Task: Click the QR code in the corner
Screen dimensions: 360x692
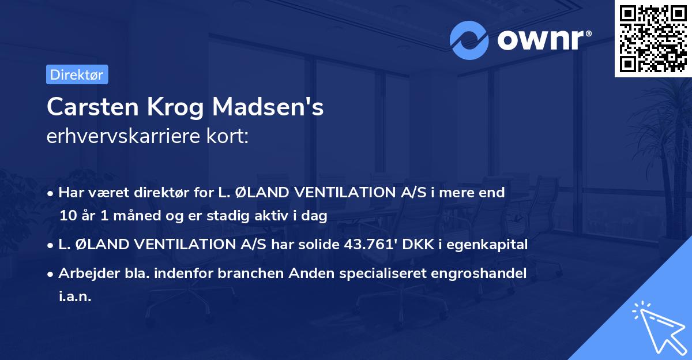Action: coord(653,39)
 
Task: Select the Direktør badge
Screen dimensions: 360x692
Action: coord(77,74)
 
